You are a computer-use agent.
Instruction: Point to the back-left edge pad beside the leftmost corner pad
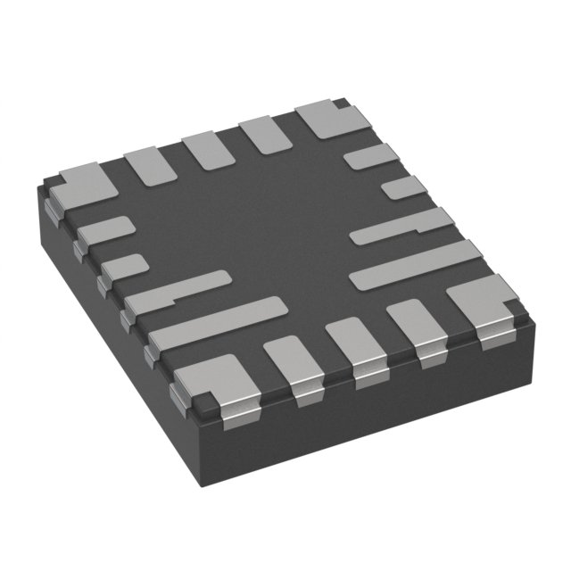[152, 166]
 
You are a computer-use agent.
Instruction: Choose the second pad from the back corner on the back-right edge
[403, 187]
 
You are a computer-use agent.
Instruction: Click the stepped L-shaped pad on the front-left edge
[175, 295]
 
